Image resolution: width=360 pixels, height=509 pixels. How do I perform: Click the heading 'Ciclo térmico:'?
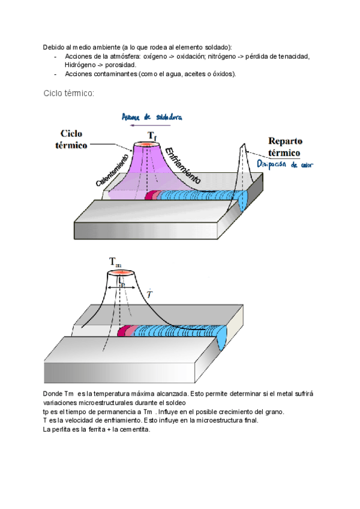click(x=68, y=94)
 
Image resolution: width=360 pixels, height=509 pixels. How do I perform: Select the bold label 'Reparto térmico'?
click(x=285, y=146)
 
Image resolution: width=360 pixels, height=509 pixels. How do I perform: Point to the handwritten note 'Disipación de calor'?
click(x=284, y=164)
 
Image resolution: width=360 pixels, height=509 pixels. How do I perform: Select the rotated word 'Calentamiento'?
click(x=112, y=169)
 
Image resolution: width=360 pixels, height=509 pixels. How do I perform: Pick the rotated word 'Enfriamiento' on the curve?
click(x=182, y=165)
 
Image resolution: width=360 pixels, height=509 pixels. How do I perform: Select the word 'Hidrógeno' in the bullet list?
click(x=72, y=65)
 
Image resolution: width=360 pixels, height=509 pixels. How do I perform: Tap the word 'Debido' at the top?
click(x=53, y=47)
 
